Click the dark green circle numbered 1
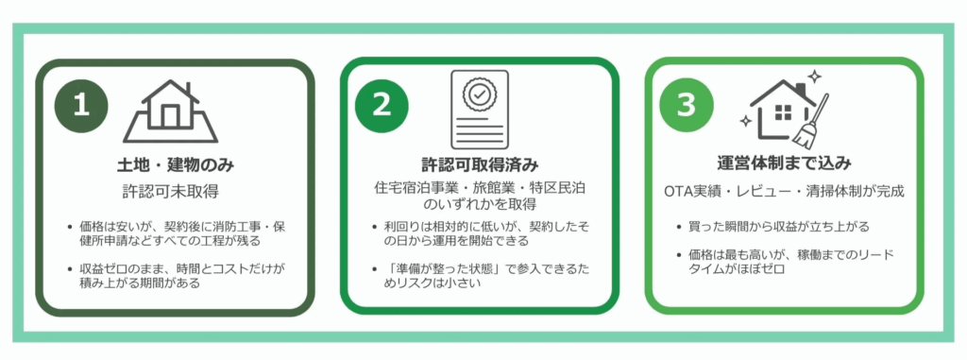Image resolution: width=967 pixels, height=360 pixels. tap(81, 106)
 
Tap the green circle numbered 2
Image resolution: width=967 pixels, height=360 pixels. tap(382, 106)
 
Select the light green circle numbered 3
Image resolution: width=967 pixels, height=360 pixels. tap(687, 106)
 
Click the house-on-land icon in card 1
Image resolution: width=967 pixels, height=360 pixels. tap(170, 111)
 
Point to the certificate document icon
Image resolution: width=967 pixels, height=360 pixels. tap(479, 110)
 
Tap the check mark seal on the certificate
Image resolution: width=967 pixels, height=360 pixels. tap(479, 94)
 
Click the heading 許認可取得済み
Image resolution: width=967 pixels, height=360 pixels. tap(479, 165)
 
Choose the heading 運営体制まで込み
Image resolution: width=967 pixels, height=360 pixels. tap(785, 164)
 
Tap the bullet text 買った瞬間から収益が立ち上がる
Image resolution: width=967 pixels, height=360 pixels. tap(779, 227)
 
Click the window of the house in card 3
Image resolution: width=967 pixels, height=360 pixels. tap(783, 112)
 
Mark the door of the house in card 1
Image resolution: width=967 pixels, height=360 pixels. tap(170, 115)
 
